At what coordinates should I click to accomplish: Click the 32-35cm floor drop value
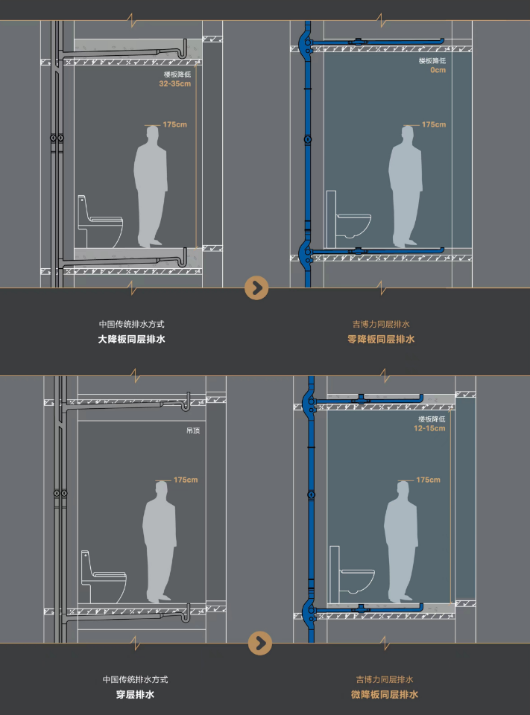tap(175, 84)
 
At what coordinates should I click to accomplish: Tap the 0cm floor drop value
tap(438, 70)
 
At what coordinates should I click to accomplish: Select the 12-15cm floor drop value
tap(429, 429)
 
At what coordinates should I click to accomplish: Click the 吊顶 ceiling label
tap(193, 430)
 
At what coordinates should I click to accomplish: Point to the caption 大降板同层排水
tap(131, 340)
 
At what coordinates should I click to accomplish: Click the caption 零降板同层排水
tap(381, 340)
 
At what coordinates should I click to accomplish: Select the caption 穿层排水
tap(135, 694)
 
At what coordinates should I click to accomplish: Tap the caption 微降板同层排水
tap(385, 694)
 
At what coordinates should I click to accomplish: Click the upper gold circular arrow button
tap(256, 288)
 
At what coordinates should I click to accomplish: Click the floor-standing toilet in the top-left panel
tap(100, 222)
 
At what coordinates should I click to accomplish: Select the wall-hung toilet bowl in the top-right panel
tap(353, 225)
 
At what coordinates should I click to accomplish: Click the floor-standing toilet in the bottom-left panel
tap(104, 577)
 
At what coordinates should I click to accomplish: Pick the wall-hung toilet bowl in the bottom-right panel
tap(357, 581)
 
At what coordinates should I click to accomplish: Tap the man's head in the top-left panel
tap(153, 136)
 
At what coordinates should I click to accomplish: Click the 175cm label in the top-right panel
tap(434, 124)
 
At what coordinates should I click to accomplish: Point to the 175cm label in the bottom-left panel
tap(186, 480)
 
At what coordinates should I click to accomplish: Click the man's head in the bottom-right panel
tap(403, 491)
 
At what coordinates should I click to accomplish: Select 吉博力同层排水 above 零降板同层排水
tap(381, 324)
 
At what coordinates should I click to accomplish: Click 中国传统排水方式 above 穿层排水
tap(135, 679)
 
